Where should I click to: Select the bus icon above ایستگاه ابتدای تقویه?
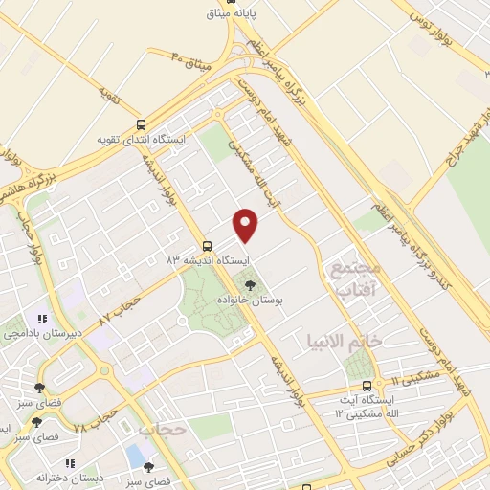pyautogui.click(x=142, y=124)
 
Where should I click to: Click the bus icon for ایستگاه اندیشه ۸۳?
pyautogui.click(x=208, y=245)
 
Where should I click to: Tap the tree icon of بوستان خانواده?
pyautogui.click(x=251, y=284)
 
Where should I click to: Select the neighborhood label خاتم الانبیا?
pyautogui.click(x=345, y=340)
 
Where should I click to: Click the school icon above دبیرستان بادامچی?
pyautogui.click(x=41, y=320)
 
